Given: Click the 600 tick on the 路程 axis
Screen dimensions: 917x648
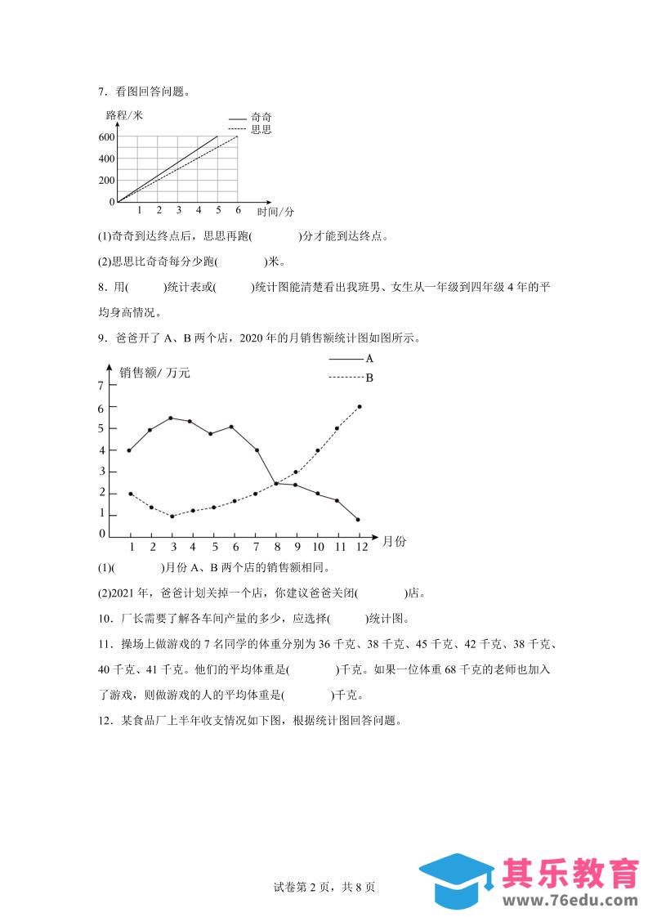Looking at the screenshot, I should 107,136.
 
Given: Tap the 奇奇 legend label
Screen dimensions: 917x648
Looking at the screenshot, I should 261,118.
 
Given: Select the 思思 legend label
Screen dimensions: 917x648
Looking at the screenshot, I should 261,129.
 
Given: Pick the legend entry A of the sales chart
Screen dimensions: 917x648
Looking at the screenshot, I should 369,358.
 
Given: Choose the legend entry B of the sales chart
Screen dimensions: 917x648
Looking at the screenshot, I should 369,378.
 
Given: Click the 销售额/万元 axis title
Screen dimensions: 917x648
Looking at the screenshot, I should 154,373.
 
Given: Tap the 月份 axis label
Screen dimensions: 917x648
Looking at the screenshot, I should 393,541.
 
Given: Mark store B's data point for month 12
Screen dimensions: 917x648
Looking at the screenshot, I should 360,406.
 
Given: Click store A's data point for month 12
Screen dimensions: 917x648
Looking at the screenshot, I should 358,519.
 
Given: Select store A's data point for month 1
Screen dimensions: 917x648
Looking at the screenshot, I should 129,450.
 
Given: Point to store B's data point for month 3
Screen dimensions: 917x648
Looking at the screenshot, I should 172,516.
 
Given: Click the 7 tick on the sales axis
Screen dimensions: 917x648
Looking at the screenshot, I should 101,385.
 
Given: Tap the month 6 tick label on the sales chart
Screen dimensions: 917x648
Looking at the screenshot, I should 235,547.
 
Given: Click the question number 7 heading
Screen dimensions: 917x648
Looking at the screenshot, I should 101,92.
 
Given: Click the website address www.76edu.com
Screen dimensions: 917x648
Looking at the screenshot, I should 569,901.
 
